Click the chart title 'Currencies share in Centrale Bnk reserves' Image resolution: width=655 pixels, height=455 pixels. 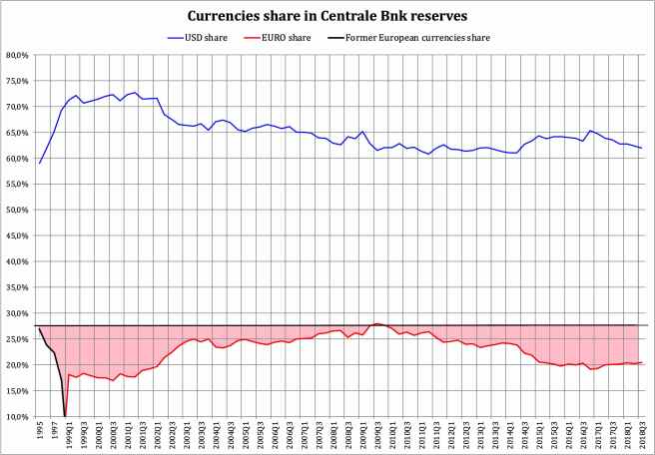(x=327, y=17)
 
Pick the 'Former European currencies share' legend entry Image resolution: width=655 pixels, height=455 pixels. (x=416, y=38)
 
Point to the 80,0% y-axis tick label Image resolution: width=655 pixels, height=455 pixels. (x=17, y=56)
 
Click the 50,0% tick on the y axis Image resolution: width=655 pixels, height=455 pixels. (x=17, y=211)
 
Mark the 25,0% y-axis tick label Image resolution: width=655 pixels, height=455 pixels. (x=17, y=339)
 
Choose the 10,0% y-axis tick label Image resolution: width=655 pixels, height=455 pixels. (x=17, y=417)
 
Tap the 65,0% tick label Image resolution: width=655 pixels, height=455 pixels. (x=17, y=133)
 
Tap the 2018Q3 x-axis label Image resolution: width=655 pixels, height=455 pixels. (x=640, y=435)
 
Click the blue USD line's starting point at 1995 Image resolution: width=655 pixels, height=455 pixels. (x=39, y=163)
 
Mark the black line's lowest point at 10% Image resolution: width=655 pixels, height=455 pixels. (x=65, y=415)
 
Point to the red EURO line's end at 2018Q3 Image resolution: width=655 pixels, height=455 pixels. (x=640, y=363)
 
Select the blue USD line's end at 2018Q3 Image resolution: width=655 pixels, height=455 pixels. (x=640, y=148)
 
